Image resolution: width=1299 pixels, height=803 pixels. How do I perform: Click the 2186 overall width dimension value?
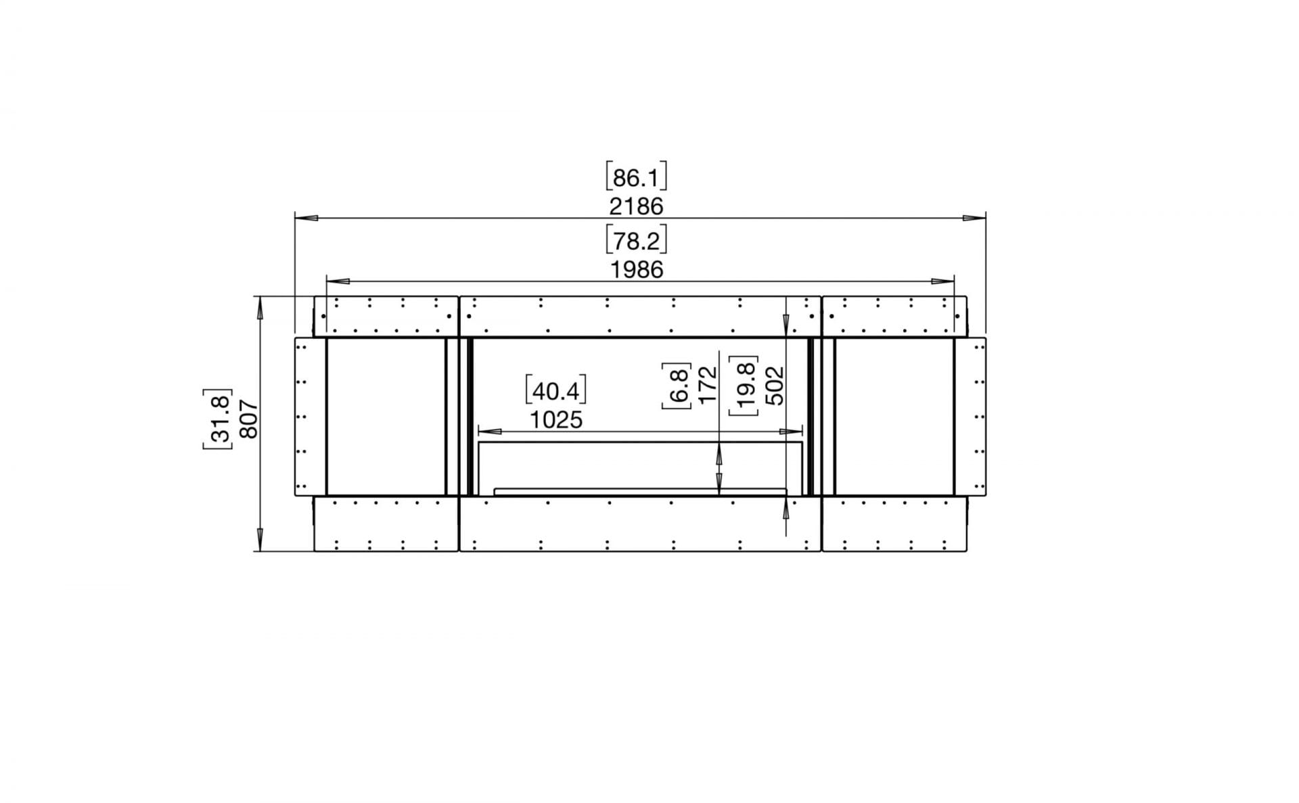[x=636, y=206]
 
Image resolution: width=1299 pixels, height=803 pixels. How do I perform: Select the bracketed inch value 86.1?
[x=636, y=177]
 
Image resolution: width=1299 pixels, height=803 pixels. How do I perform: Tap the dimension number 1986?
[x=637, y=270]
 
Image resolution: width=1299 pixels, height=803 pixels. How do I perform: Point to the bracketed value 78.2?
[x=637, y=241]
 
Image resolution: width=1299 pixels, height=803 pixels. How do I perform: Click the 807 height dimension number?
[x=249, y=419]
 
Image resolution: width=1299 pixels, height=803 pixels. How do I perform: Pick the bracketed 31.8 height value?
[x=218, y=419]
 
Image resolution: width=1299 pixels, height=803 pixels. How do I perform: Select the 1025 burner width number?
[x=555, y=420]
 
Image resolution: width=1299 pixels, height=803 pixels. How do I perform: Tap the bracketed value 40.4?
[x=555, y=391]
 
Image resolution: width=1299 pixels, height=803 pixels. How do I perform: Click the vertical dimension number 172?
[x=706, y=386]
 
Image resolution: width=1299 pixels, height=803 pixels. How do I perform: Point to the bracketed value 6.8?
[x=677, y=386]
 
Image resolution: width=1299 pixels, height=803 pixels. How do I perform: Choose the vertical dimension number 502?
[x=774, y=386]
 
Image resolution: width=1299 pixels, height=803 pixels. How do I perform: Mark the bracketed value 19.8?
[x=744, y=386]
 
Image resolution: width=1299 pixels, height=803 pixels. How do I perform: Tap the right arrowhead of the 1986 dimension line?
[x=943, y=281]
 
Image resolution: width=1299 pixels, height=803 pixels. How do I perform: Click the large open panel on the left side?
[x=385, y=417]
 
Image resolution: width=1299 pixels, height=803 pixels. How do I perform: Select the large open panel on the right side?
[x=894, y=417]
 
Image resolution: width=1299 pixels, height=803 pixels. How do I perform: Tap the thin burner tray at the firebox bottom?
[x=640, y=492]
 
